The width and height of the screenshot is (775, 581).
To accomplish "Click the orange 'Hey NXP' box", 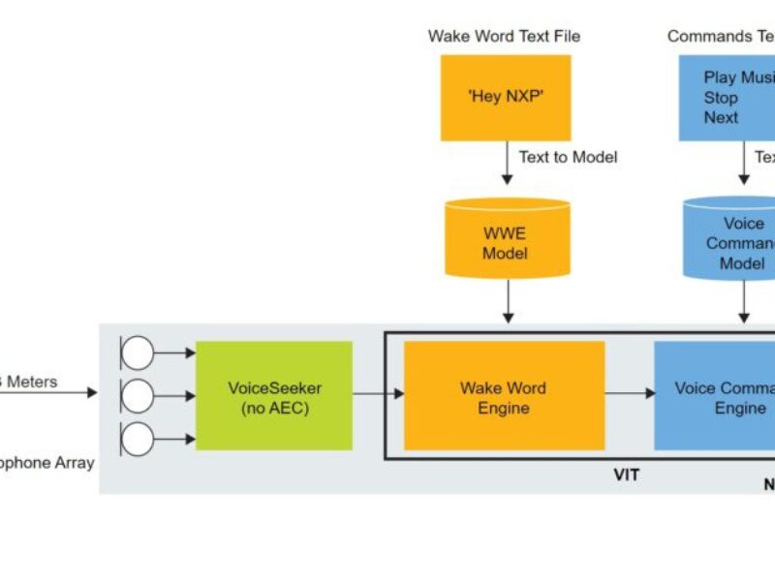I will click(x=506, y=97).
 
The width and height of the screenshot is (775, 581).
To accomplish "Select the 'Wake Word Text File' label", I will click(x=504, y=37).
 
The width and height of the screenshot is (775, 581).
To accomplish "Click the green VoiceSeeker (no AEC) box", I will click(x=274, y=395).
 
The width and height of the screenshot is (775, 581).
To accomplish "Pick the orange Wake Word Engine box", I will click(x=504, y=395).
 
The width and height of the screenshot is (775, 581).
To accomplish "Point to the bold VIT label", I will click(x=628, y=475).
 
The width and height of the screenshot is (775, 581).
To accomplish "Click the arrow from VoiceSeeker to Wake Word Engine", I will click(x=378, y=393).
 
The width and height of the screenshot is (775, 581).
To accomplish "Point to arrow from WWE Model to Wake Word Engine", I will click(x=507, y=305).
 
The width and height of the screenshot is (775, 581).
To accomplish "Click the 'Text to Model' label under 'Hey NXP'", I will click(x=568, y=157).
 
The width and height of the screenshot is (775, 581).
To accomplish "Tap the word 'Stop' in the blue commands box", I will click(x=721, y=98).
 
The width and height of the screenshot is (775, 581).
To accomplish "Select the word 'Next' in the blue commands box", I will click(x=721, y=118).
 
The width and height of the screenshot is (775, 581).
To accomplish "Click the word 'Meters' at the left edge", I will click(x=31, y=382).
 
